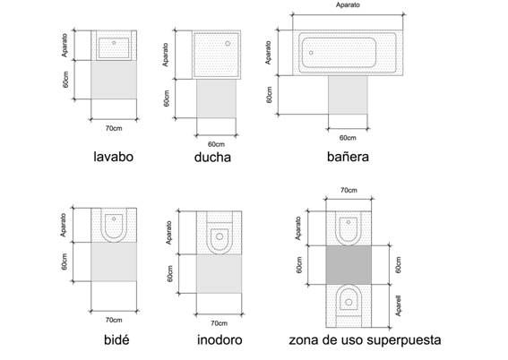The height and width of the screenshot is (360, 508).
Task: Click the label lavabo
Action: coord(114,157)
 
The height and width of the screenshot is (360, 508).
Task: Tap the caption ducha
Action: coord(212,158)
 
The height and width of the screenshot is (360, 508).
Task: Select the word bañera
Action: coord(348,157)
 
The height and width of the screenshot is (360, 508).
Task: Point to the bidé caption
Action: coord(116,340)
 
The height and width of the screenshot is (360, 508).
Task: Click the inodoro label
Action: coord(220,340)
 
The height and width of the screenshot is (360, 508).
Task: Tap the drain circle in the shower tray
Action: coord(228,43)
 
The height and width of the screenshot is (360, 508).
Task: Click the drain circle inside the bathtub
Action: coord(311,53)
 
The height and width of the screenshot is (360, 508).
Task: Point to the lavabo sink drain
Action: coord(114,42)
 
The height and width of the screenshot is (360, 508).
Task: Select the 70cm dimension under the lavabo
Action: coord(114,128)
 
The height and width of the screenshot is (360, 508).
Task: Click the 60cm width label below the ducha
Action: coord(216,144)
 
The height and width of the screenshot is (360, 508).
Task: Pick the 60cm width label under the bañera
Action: coord(348,138)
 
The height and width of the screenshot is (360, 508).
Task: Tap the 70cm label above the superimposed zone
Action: coord(349,190)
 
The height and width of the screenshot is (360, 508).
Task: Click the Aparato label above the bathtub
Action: coord(348,4)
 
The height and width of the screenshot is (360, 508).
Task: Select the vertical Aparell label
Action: coord(398,305)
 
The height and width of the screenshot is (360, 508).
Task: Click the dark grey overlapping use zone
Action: coord(349,265)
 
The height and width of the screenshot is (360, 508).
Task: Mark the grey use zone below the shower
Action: coord(217,99)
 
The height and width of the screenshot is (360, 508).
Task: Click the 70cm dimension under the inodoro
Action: coord(219,323)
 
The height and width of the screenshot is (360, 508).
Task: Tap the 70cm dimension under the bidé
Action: coord(114,320)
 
